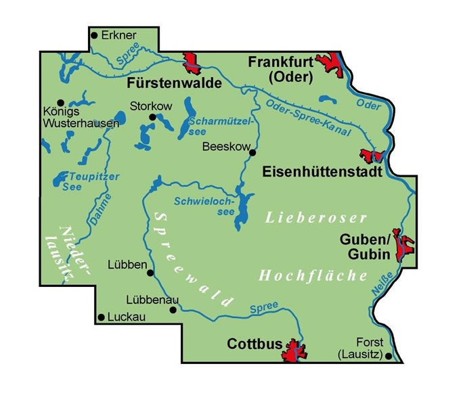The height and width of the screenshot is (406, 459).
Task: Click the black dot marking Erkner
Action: point(94,35)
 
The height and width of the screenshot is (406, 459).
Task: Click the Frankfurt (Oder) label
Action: point(280,69)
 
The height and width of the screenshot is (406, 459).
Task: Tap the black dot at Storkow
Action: point(153,117)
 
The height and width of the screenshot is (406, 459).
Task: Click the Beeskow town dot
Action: point(253,153)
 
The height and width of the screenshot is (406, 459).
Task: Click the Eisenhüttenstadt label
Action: point(322,173)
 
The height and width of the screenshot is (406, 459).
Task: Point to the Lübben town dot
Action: point(150,273)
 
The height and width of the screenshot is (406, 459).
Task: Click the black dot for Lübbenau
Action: point(173,310)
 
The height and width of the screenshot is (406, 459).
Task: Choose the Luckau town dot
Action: point(101,317)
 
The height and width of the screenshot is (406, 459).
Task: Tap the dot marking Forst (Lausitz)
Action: point(388,355)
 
